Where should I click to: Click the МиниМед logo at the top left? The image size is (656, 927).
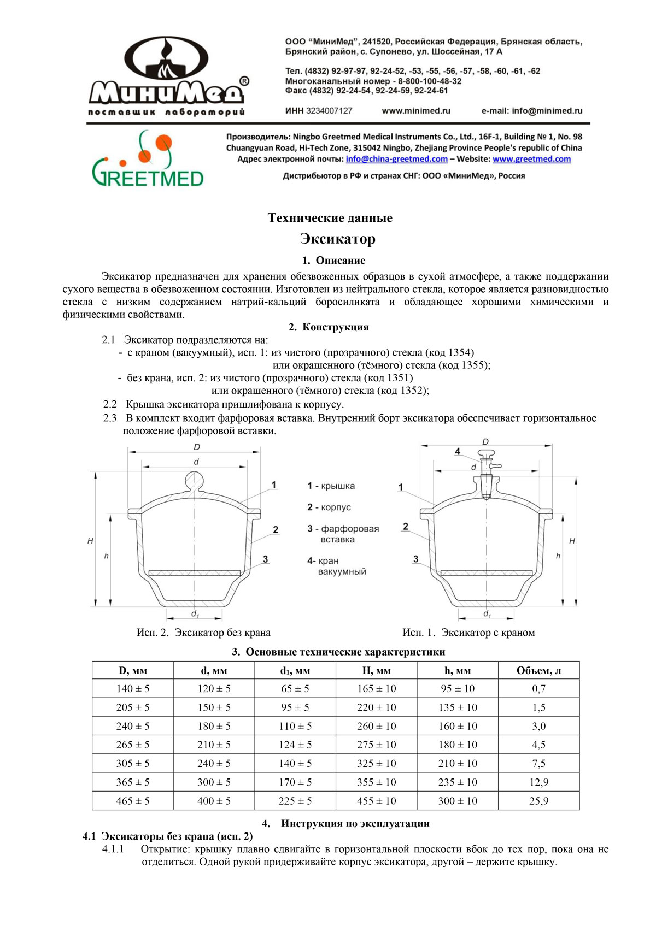point(167,76)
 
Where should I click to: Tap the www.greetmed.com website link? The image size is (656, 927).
point(531,159)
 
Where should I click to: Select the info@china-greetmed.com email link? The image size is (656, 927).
point(396,159)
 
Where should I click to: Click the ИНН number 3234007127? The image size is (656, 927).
point(329,111)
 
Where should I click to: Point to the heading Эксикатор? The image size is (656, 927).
point(337,239)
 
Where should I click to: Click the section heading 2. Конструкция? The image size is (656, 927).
point(329,327)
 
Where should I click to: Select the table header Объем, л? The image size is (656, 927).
point(538,670)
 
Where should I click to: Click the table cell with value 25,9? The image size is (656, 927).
point(538,801)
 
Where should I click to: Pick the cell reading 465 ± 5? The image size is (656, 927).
point(132,801)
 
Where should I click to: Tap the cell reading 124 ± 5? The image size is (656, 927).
point(295,745)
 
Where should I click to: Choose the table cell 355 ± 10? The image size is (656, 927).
point(377,782)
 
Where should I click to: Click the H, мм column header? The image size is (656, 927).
point(377,670)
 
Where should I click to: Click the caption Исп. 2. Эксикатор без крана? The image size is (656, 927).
point(203,633)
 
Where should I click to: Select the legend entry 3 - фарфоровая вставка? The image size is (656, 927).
point(343,534)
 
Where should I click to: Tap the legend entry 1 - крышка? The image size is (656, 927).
point(331,486)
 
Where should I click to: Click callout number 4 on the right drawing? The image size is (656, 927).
point(458,452)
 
